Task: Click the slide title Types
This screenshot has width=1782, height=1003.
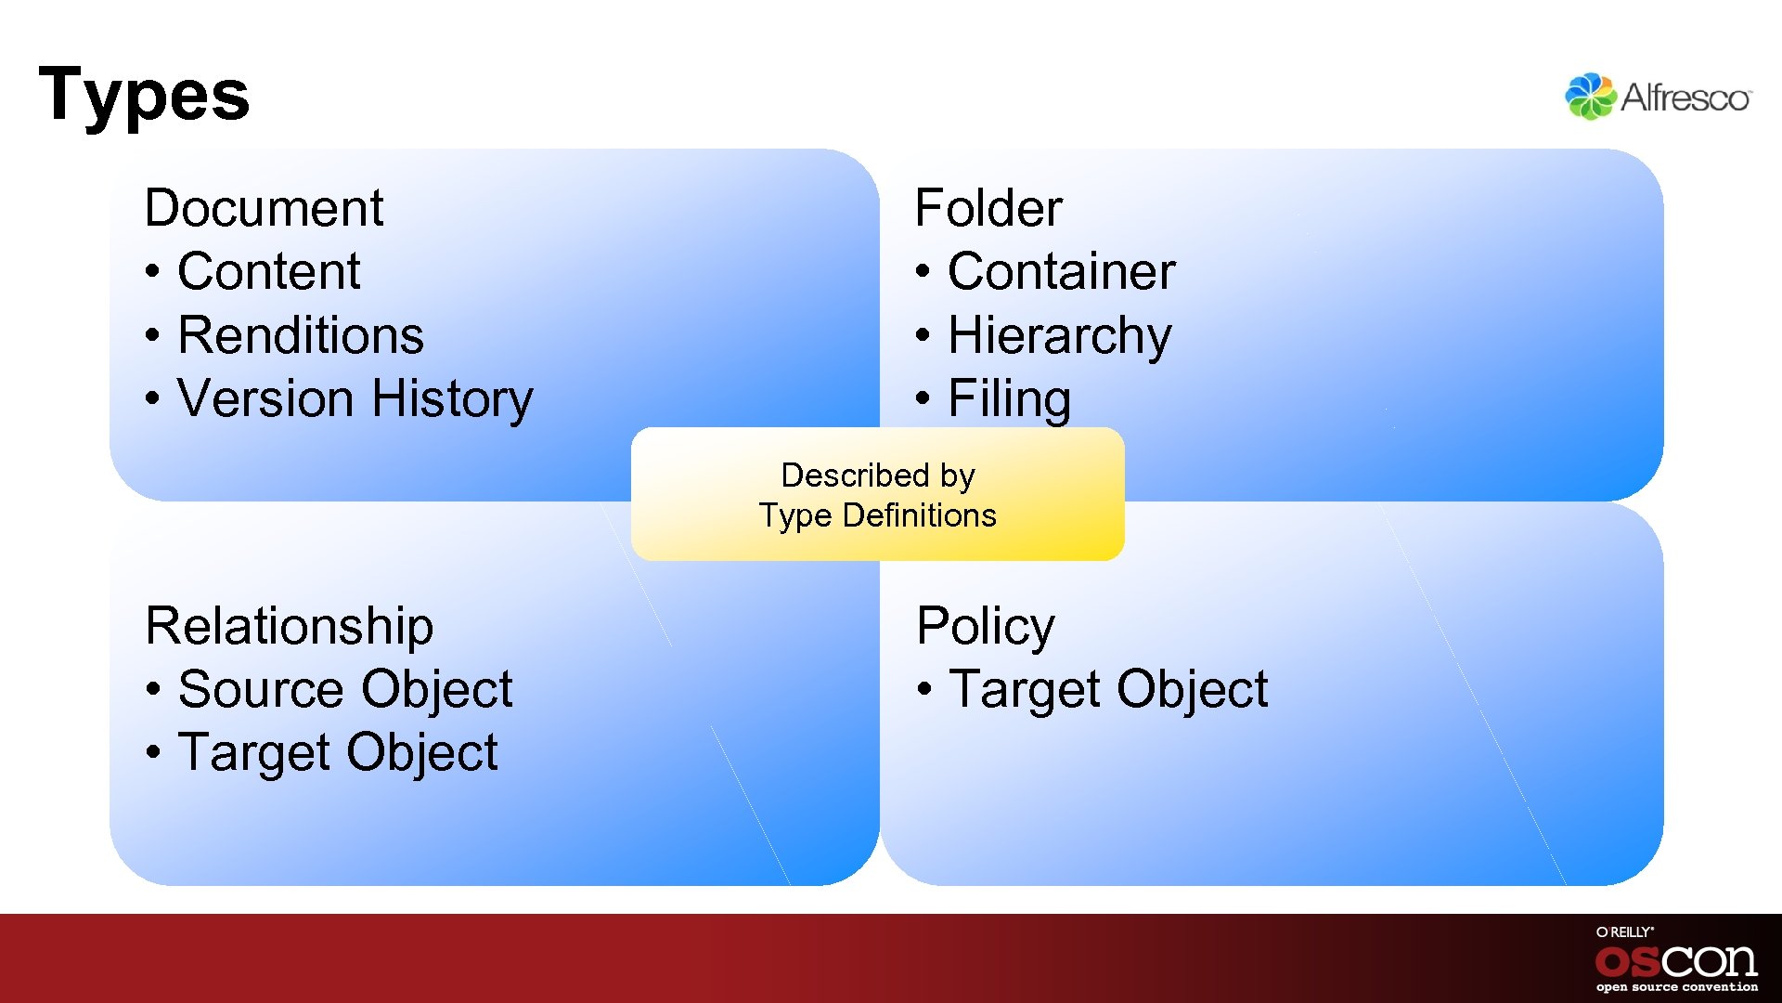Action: pyautogui.click(x=144, y=95)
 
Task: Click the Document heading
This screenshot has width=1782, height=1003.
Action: pyautogui.click(x=264, y=207)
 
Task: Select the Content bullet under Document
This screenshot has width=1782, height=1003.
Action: pyautogui.click(x=268, y=271)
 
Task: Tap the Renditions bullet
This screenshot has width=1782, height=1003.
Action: pyautogui.click(x=300, y=335)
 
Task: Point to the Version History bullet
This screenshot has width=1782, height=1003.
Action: pyautogui.click(x=355, y=398)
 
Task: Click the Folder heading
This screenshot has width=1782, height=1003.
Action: pyautogui.click(x=988, y=207)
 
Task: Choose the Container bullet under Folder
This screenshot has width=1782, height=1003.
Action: pyautogui.click(x=1061, y=271)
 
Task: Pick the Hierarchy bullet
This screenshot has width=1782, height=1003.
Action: pyautogui.click(x=1059, y=335)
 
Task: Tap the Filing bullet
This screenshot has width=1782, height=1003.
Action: pyautogui.click(x=1009, y=398)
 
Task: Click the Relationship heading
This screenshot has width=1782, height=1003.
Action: pyautogui.click(x=290, y=625)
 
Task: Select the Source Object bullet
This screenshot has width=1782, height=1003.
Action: pyautogui.click(x=344, y=689)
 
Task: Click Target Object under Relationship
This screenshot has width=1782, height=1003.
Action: pyautogui.click(x=338, y=752)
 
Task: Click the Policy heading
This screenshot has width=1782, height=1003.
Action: pyautogui.click(x=985, y=625)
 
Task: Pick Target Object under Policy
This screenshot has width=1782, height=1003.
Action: pyautogui.click(x=1108, y=689)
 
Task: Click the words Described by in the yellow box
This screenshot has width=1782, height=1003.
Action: pyautogui.click(x=878, y=475)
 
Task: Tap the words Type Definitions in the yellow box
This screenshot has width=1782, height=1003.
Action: pyautogui.click(x=878, y=515)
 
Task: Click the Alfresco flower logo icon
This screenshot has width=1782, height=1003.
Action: pyautogui.click(x=1590, y=97)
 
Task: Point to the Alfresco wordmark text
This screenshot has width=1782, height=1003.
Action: pyautogui.click(x=1685, y=98)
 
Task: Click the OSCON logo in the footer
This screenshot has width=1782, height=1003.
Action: pyautogui.click(x=1675, y=960)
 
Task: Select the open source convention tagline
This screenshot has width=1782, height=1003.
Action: pyautogui.click(x=1676, y=987)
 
